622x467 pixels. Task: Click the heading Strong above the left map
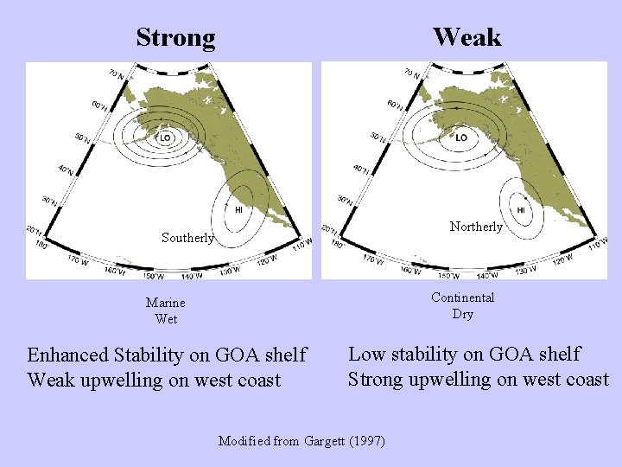click(x=175, y=37)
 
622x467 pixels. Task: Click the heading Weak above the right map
click(x=466, y=36)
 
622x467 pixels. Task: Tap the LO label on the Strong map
click(x=165, y=138)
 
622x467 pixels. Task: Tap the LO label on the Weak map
click(x=460, y=138)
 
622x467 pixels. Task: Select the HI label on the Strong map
click(x=238, y=209)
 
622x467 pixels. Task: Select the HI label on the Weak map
click(x=521, y=209)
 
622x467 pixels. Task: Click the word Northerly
click(x=476, y=227)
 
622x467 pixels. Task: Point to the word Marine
click(x=166, y=304)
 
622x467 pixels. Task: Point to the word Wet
click(x=166, y=319)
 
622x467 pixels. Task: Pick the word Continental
click(x=463, y=297)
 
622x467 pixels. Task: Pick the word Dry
click(x=463, y=314)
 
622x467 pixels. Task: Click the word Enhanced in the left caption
click(x=68, y=355)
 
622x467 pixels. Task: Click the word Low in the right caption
click(x=365, y=354)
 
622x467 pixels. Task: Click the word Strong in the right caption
click(x=376, y=379)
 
